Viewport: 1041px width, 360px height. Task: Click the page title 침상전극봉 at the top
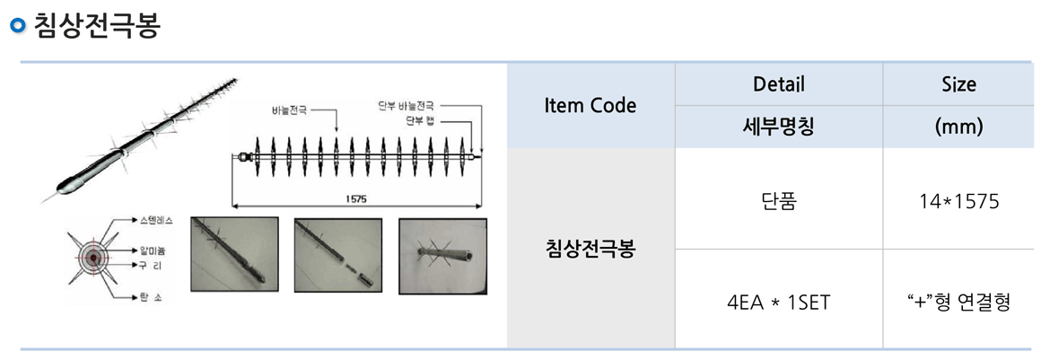click(x=96, y=25)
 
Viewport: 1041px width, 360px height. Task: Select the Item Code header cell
click(x=590, y=105)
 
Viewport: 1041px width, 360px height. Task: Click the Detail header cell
click(x=778, y=84)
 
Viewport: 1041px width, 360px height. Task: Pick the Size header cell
click(x=958, y=84)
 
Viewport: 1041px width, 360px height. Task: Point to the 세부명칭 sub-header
click(x=778, y=127)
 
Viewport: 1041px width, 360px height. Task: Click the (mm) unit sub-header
click(x=958, y=127)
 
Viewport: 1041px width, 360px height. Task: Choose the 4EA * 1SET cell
click(x=778, y=300)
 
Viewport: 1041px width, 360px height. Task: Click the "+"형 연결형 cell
click(x=958, y=300)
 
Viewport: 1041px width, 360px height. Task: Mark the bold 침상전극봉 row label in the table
click(x=590, y=249)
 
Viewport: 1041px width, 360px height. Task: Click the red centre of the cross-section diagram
click(x=90, y=258)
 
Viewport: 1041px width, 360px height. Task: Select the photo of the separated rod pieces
click(x=338, y=256)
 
